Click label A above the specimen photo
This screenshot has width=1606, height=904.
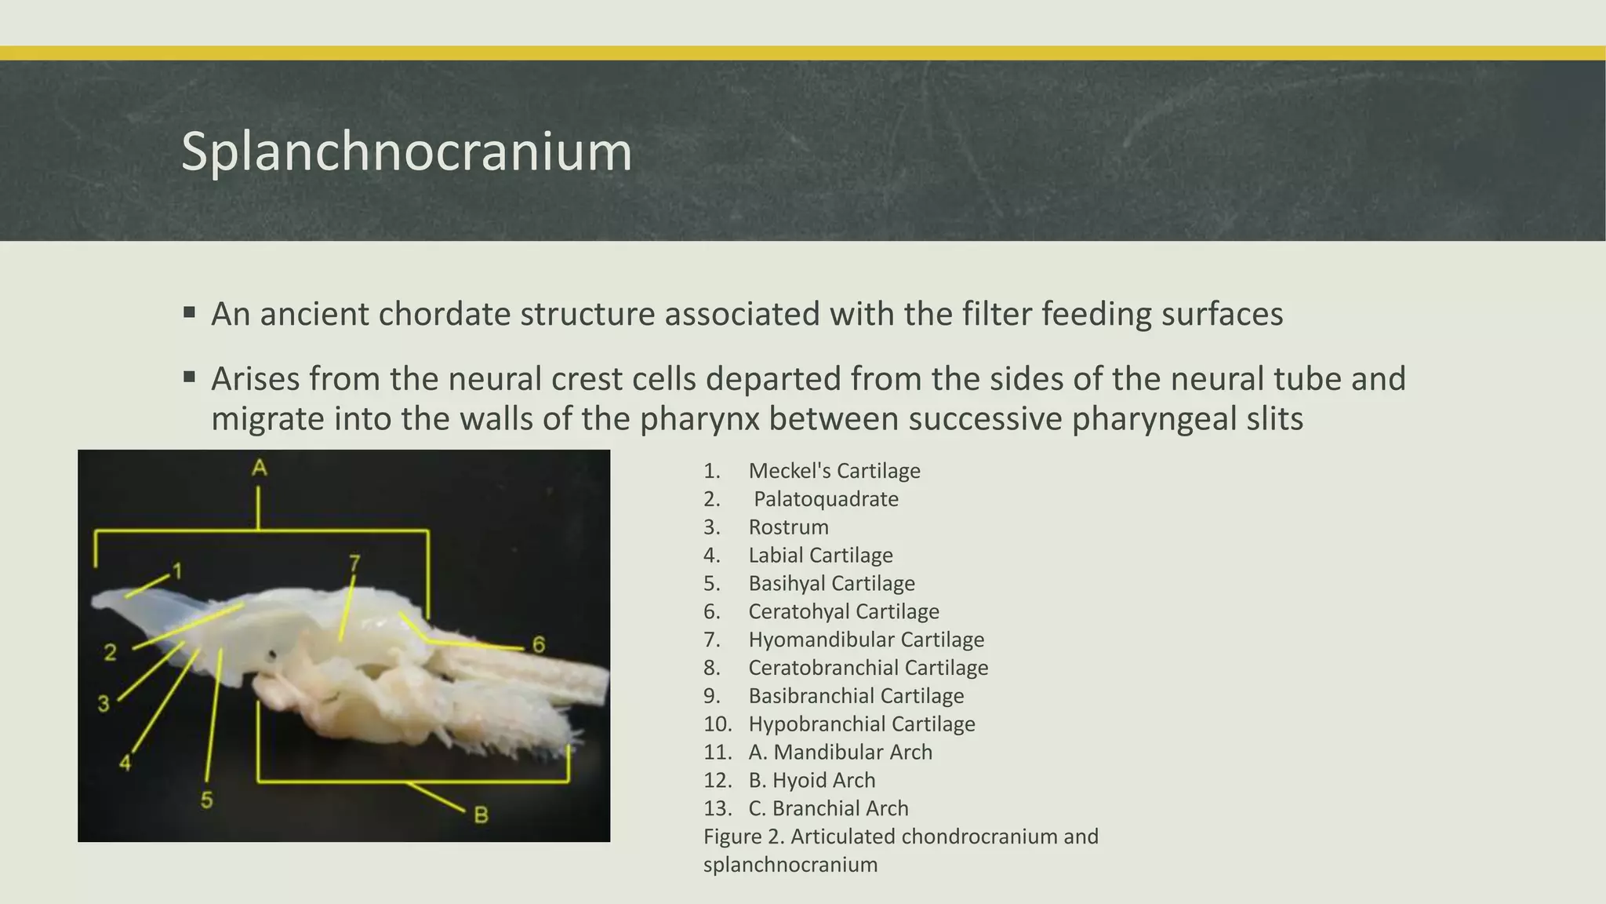tap(260, 468)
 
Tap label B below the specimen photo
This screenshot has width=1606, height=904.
tap(481, 815)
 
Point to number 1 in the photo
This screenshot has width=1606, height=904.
tap(178, 571)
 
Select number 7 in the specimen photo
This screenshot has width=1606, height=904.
tap(354, 563)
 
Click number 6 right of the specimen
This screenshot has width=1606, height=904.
tap(539, 645)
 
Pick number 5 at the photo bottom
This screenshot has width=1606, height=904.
tap(206, 800)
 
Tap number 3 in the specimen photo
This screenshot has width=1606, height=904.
tap(104, 703)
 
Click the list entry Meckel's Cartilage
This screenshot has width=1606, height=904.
tap(834, 471)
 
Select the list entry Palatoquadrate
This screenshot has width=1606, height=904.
tap(826, 499)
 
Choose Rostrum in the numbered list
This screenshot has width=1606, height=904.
tap(788, 527)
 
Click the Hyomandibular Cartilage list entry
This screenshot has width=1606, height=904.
tap(866, 640)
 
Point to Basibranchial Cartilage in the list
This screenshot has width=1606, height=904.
tap(856, 696)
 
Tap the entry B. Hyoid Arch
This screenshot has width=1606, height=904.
tap(812, 780)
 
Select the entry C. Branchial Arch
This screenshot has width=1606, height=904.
tap(828, 808)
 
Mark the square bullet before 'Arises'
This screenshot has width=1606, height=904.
tap(189, 378)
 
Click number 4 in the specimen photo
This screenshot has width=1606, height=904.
tap(125, 762)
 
